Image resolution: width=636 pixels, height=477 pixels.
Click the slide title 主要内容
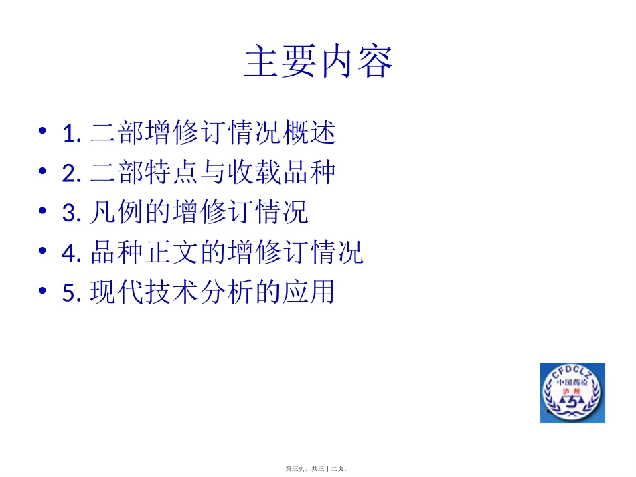tap(318, 62)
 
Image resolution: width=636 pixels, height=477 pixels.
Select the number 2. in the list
tap(72, 175)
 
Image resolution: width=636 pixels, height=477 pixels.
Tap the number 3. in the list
tap(72, 214)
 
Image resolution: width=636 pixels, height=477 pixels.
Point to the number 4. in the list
tap(72, 254)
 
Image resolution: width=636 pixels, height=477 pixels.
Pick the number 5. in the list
tap(72, 294)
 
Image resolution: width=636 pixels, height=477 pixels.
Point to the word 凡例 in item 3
tap(117, 213)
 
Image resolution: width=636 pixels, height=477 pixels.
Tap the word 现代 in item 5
tap(117, 292)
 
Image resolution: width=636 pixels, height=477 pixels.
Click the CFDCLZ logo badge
tap(572, 393)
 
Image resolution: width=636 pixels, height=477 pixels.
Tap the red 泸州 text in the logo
tap(572, 391)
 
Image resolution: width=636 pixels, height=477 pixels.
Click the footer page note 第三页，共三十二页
tap(318, 469)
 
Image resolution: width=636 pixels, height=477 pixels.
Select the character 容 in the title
tap(374, 62)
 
